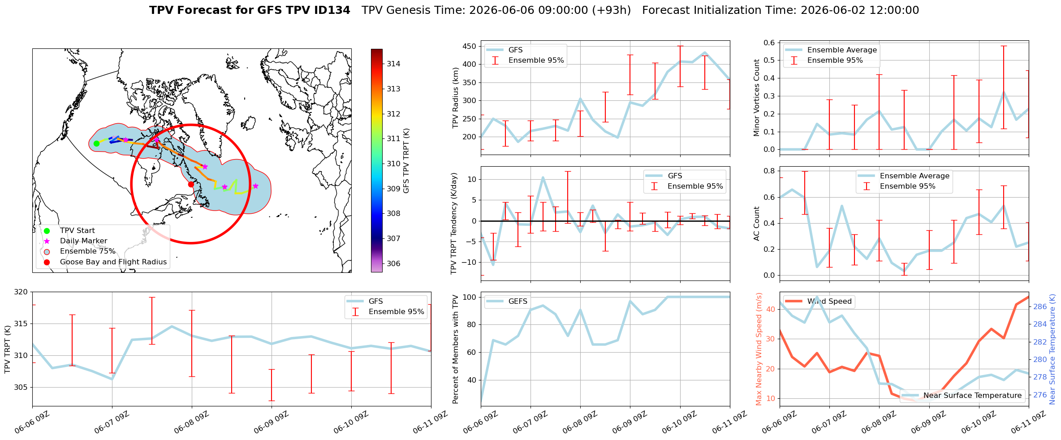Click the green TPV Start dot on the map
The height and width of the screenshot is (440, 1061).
pyautogui.click(x=96, y=143)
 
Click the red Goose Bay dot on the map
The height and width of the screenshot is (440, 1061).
pyautogui.click(x=191, y=184)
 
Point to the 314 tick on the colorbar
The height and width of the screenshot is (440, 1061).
pyautogui.click(x=393, y=64)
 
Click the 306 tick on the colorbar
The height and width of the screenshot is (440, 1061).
pyautogui.click(x=393, y=263)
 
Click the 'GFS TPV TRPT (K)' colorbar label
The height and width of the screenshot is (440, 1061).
pyautogui.click(x=406, y=160)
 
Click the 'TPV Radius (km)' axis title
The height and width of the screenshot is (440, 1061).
pyautogui.click(x=456, y=98)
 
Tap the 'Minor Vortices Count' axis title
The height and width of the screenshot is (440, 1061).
pyautogui.click(x=756, y=98)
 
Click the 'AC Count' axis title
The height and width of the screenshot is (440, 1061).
pyautogui.click(x=756, y=224)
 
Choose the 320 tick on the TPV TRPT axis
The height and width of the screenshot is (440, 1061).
pyautogui.click(x=21, y=292)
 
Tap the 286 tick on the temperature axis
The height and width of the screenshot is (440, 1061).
pyautogui.click(x=1040, y=306)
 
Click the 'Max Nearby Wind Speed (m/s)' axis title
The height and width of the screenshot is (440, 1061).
pyautogui.click(x=759, y=349)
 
